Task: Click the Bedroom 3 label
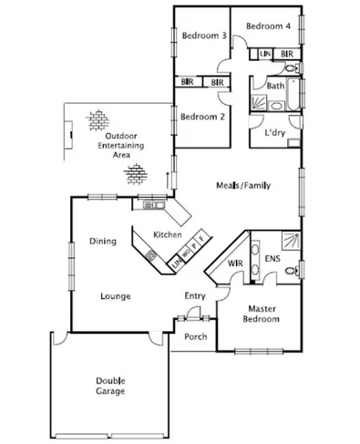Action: (203, 36)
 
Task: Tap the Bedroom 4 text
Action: (268, 26)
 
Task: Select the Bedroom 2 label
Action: (202, 117)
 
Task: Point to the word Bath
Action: (274, 87)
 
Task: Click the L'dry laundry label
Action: (274, 133)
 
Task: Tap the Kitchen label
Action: (168, 234)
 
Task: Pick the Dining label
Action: (102, 242)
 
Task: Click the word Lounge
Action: (116, 295)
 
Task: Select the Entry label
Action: (195, 295)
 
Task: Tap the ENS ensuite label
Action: (273, 260)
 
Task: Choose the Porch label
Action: (195, 336)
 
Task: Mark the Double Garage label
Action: (110, 386)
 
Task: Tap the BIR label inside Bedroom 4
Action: (286, 55)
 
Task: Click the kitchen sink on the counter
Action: (149, 207)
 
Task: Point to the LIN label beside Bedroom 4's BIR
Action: (265, 55)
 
